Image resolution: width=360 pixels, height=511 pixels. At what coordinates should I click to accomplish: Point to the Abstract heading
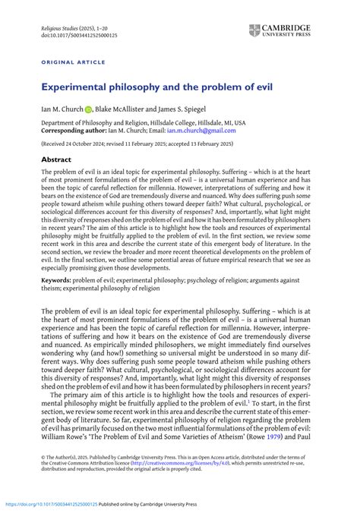click(x=57, y=160)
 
